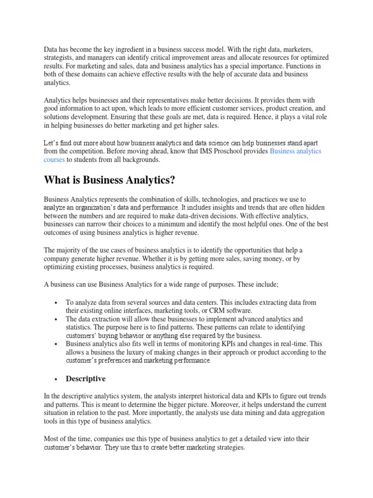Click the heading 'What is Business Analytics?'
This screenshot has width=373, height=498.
(109, 180)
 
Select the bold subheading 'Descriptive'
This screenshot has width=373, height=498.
(85, 378)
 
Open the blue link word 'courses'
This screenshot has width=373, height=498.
(54, 160)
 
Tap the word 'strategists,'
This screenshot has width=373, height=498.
(60, 57)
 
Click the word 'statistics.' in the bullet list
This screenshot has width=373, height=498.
(82, 327)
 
